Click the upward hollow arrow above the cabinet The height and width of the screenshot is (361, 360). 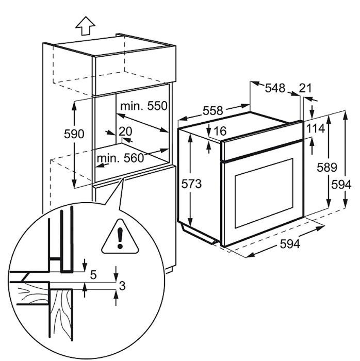coord(85,26)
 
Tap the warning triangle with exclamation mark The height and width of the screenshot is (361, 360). coord(120,237)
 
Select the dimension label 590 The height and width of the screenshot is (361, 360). coord(74,134)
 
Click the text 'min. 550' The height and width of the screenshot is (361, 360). coord(144,106)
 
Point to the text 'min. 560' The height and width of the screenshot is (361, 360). coord(120,158)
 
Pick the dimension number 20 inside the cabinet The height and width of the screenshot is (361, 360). coord(125,131)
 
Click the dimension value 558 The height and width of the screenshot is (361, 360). coord(213,111)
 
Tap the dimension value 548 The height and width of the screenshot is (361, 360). coord(275,88)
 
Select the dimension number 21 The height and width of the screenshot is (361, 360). coord(305,88)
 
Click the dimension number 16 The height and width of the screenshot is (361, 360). coord(220,131)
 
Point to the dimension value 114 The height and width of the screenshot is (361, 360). coord(316,128)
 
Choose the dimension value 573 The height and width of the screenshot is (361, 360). coord(191,184)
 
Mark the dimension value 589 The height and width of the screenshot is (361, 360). coord(327,167)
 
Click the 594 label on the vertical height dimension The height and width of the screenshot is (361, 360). coord(341,184)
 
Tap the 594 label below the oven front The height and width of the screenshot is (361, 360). coord(290,244)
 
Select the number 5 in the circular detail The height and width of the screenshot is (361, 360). coord(93,275)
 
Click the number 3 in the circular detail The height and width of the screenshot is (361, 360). coord(122,286)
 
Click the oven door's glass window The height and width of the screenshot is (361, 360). coord(264,193)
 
